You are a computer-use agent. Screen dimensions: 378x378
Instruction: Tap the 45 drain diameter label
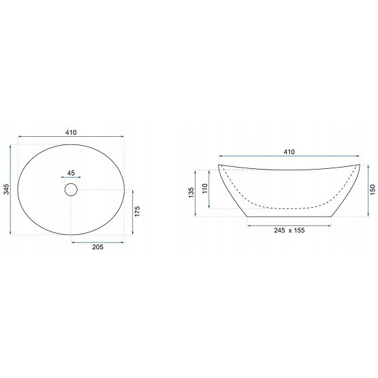[72, 173]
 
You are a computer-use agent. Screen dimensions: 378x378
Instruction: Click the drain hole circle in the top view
[72, 190]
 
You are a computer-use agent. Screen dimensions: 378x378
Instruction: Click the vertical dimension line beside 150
[366, 191]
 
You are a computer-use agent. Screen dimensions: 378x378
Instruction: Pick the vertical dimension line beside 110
[210, 189]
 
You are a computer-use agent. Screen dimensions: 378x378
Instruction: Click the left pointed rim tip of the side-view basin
[219, 166]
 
